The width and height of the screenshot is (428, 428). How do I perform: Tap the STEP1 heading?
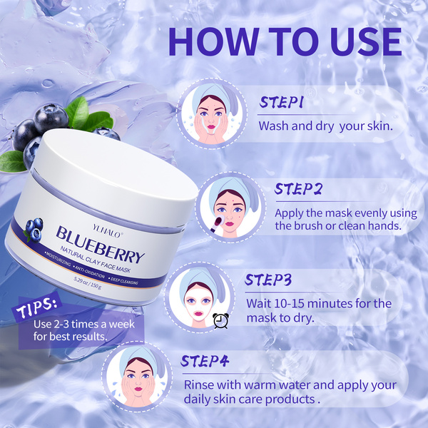[x=281, y=102]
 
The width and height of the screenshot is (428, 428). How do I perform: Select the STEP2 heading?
[x=298, y=189]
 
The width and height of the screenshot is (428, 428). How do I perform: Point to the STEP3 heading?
[x=268, y=280]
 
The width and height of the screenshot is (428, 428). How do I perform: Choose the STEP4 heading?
[x=205, y=361]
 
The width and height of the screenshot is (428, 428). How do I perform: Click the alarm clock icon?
[x=220, y=321]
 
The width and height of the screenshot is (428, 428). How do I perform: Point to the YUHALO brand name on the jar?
[x=106, y=231]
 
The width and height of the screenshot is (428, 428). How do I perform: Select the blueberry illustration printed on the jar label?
[x=34, y=230]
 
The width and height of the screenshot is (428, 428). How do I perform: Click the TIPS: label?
[x=36, y=307]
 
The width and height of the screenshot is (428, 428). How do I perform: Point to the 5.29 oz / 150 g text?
[x=88, y=282]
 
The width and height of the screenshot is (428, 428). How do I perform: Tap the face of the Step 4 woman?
[x=138, y=380]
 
